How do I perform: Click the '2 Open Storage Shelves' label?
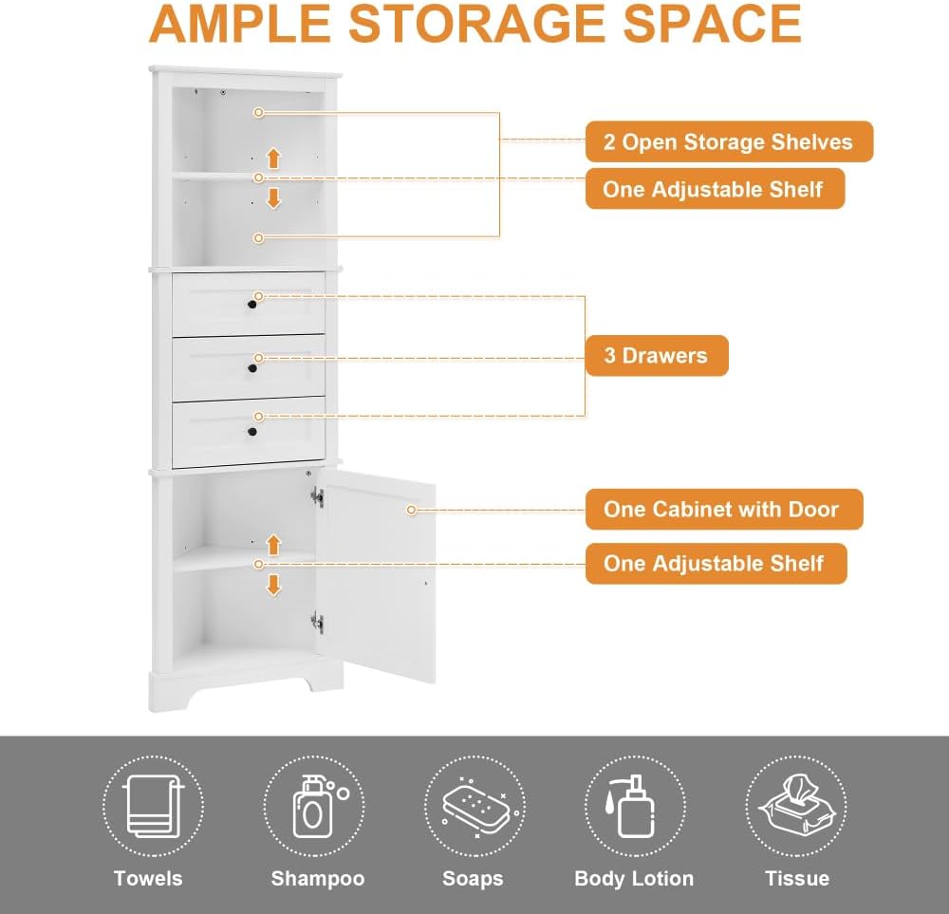coord(729,141)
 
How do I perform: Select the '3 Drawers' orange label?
coord(657,355)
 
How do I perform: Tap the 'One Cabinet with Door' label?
coord(724,509)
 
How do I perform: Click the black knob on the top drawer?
coord(252,305)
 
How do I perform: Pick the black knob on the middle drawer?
coord(252,368)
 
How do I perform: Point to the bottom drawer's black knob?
coord(252,432)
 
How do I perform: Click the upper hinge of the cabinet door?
coord(317,497)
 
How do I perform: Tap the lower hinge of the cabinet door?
coord(317,623)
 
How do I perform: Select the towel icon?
coord(153,806)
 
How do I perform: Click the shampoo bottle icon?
coord(318,806)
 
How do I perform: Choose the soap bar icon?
coord(476,807)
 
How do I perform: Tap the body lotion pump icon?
coord(631,806)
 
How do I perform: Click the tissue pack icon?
coord(796,805)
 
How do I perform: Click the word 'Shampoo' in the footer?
coord(318,878)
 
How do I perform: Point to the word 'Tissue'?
coord(797,878)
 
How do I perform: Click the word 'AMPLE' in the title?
coord(240,25)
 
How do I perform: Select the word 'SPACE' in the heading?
coord(713,25)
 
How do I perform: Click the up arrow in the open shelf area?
coord(273,159)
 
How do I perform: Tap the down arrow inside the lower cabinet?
coord(273,586)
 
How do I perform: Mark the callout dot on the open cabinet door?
coord(411,511)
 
